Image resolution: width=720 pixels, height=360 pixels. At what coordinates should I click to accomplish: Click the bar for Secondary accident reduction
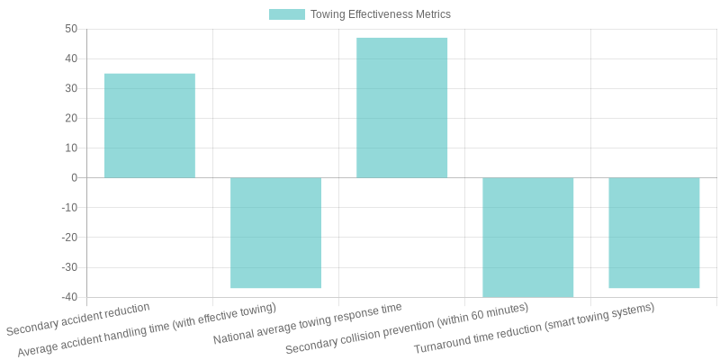pos(149,126)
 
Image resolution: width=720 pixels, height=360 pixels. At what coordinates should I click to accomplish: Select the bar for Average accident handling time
pos(275,232)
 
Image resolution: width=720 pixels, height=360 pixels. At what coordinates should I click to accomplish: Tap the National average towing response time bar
pos(401,108)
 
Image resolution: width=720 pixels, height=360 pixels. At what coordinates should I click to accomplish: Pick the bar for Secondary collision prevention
pos(527,237)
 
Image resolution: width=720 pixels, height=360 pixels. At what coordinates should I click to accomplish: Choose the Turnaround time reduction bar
pos(653,232)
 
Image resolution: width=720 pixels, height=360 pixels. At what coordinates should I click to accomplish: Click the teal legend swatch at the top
pos(286,14)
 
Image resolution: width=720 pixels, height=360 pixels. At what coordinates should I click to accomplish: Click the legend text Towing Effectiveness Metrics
pos(380,14)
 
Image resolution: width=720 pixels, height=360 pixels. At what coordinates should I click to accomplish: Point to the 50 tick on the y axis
pos(71,29)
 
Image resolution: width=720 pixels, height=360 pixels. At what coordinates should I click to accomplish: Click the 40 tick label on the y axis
pos(71,58)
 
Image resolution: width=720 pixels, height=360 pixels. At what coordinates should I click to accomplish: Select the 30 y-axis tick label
pos(71,88)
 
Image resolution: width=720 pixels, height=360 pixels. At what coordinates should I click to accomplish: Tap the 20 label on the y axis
pos(71,118)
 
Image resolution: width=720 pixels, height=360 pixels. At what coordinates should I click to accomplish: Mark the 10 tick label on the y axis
pos(71,148)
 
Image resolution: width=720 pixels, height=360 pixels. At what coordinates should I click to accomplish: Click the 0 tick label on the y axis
pos(74,177)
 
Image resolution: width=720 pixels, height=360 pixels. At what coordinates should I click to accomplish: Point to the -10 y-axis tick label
pos(69,207)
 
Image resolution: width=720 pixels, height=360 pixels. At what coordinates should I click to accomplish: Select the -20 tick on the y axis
pos(69,237)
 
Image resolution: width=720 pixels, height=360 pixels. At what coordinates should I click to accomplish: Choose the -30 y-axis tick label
pos(69,267)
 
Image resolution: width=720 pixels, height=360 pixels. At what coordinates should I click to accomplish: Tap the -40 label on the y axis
pos(69,297)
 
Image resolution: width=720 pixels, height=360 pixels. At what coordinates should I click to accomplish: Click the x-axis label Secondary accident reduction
pos(78,319)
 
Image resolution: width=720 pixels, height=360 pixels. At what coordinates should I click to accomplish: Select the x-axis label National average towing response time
pos(308,324)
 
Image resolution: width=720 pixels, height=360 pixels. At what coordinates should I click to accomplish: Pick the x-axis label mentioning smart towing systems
pos(534,328)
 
